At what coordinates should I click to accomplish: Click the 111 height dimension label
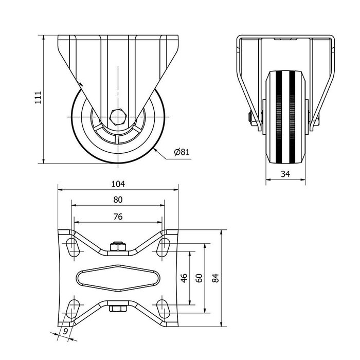[38, 98]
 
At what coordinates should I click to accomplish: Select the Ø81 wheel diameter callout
[182, 152]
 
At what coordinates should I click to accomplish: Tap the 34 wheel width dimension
[285, 174]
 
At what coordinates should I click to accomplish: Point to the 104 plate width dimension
[118, 184]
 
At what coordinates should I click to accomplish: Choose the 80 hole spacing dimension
[118, 200]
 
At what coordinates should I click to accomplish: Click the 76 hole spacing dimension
[118, 217]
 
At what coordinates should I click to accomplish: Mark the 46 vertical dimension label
[184, 278]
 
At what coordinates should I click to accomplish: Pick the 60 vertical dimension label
[199, 278]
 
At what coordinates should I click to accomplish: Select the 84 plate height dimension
[215, 278]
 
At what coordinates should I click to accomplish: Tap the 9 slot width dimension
[65, 331]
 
